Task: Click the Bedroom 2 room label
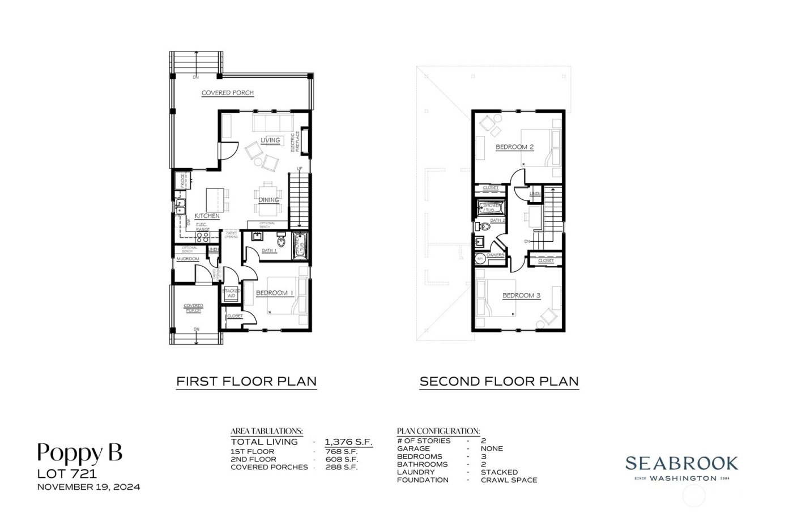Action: click(x=514, y=147)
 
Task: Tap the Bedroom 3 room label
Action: click(x=521, y=296)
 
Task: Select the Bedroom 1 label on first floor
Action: click(x=275, y=293)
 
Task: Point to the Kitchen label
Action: click(x=207, y=216)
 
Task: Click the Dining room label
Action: click(x=268, y=200)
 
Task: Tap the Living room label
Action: click(x=271, y=140)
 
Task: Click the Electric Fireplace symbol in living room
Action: click(x=304, y=142)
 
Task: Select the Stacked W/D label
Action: click(x=231, y=293)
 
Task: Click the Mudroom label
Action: click(x=187, y=259)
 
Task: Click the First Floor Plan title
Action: click(x=246, y=381)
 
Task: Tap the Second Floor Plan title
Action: click(x=498, y=381)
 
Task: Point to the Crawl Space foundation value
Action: click(x=509, y=480)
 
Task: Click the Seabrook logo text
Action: click(x=681, y=463)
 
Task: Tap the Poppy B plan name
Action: click(x=79, y=452)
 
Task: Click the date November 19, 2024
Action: click(x=88, y=486)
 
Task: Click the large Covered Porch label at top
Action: click(x=228, y=93)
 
